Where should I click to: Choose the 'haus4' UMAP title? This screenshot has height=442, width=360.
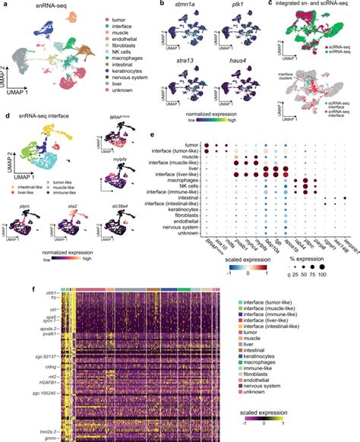click(x=234, y=55)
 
